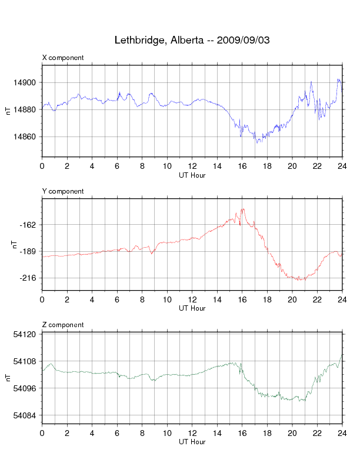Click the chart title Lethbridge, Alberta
tap(192, 41)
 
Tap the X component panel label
tap(63, 58)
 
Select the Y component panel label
tap(63, 191)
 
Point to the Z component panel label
tap(63, 325)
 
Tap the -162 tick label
tap(29, 225)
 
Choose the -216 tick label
tap(29, 278)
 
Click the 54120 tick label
tap(28, 334)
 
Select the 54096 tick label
tap(28, 388)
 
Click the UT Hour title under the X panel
tap(192, 175)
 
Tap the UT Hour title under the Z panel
tap(192, 442)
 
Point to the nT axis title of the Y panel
tap(16, 244)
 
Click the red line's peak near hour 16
tap(242, 209)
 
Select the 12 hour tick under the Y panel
tap(192, 300)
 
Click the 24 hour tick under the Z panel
tap(342, 434)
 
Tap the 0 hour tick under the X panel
tap(42, 167)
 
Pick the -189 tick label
tap(29, 251)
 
